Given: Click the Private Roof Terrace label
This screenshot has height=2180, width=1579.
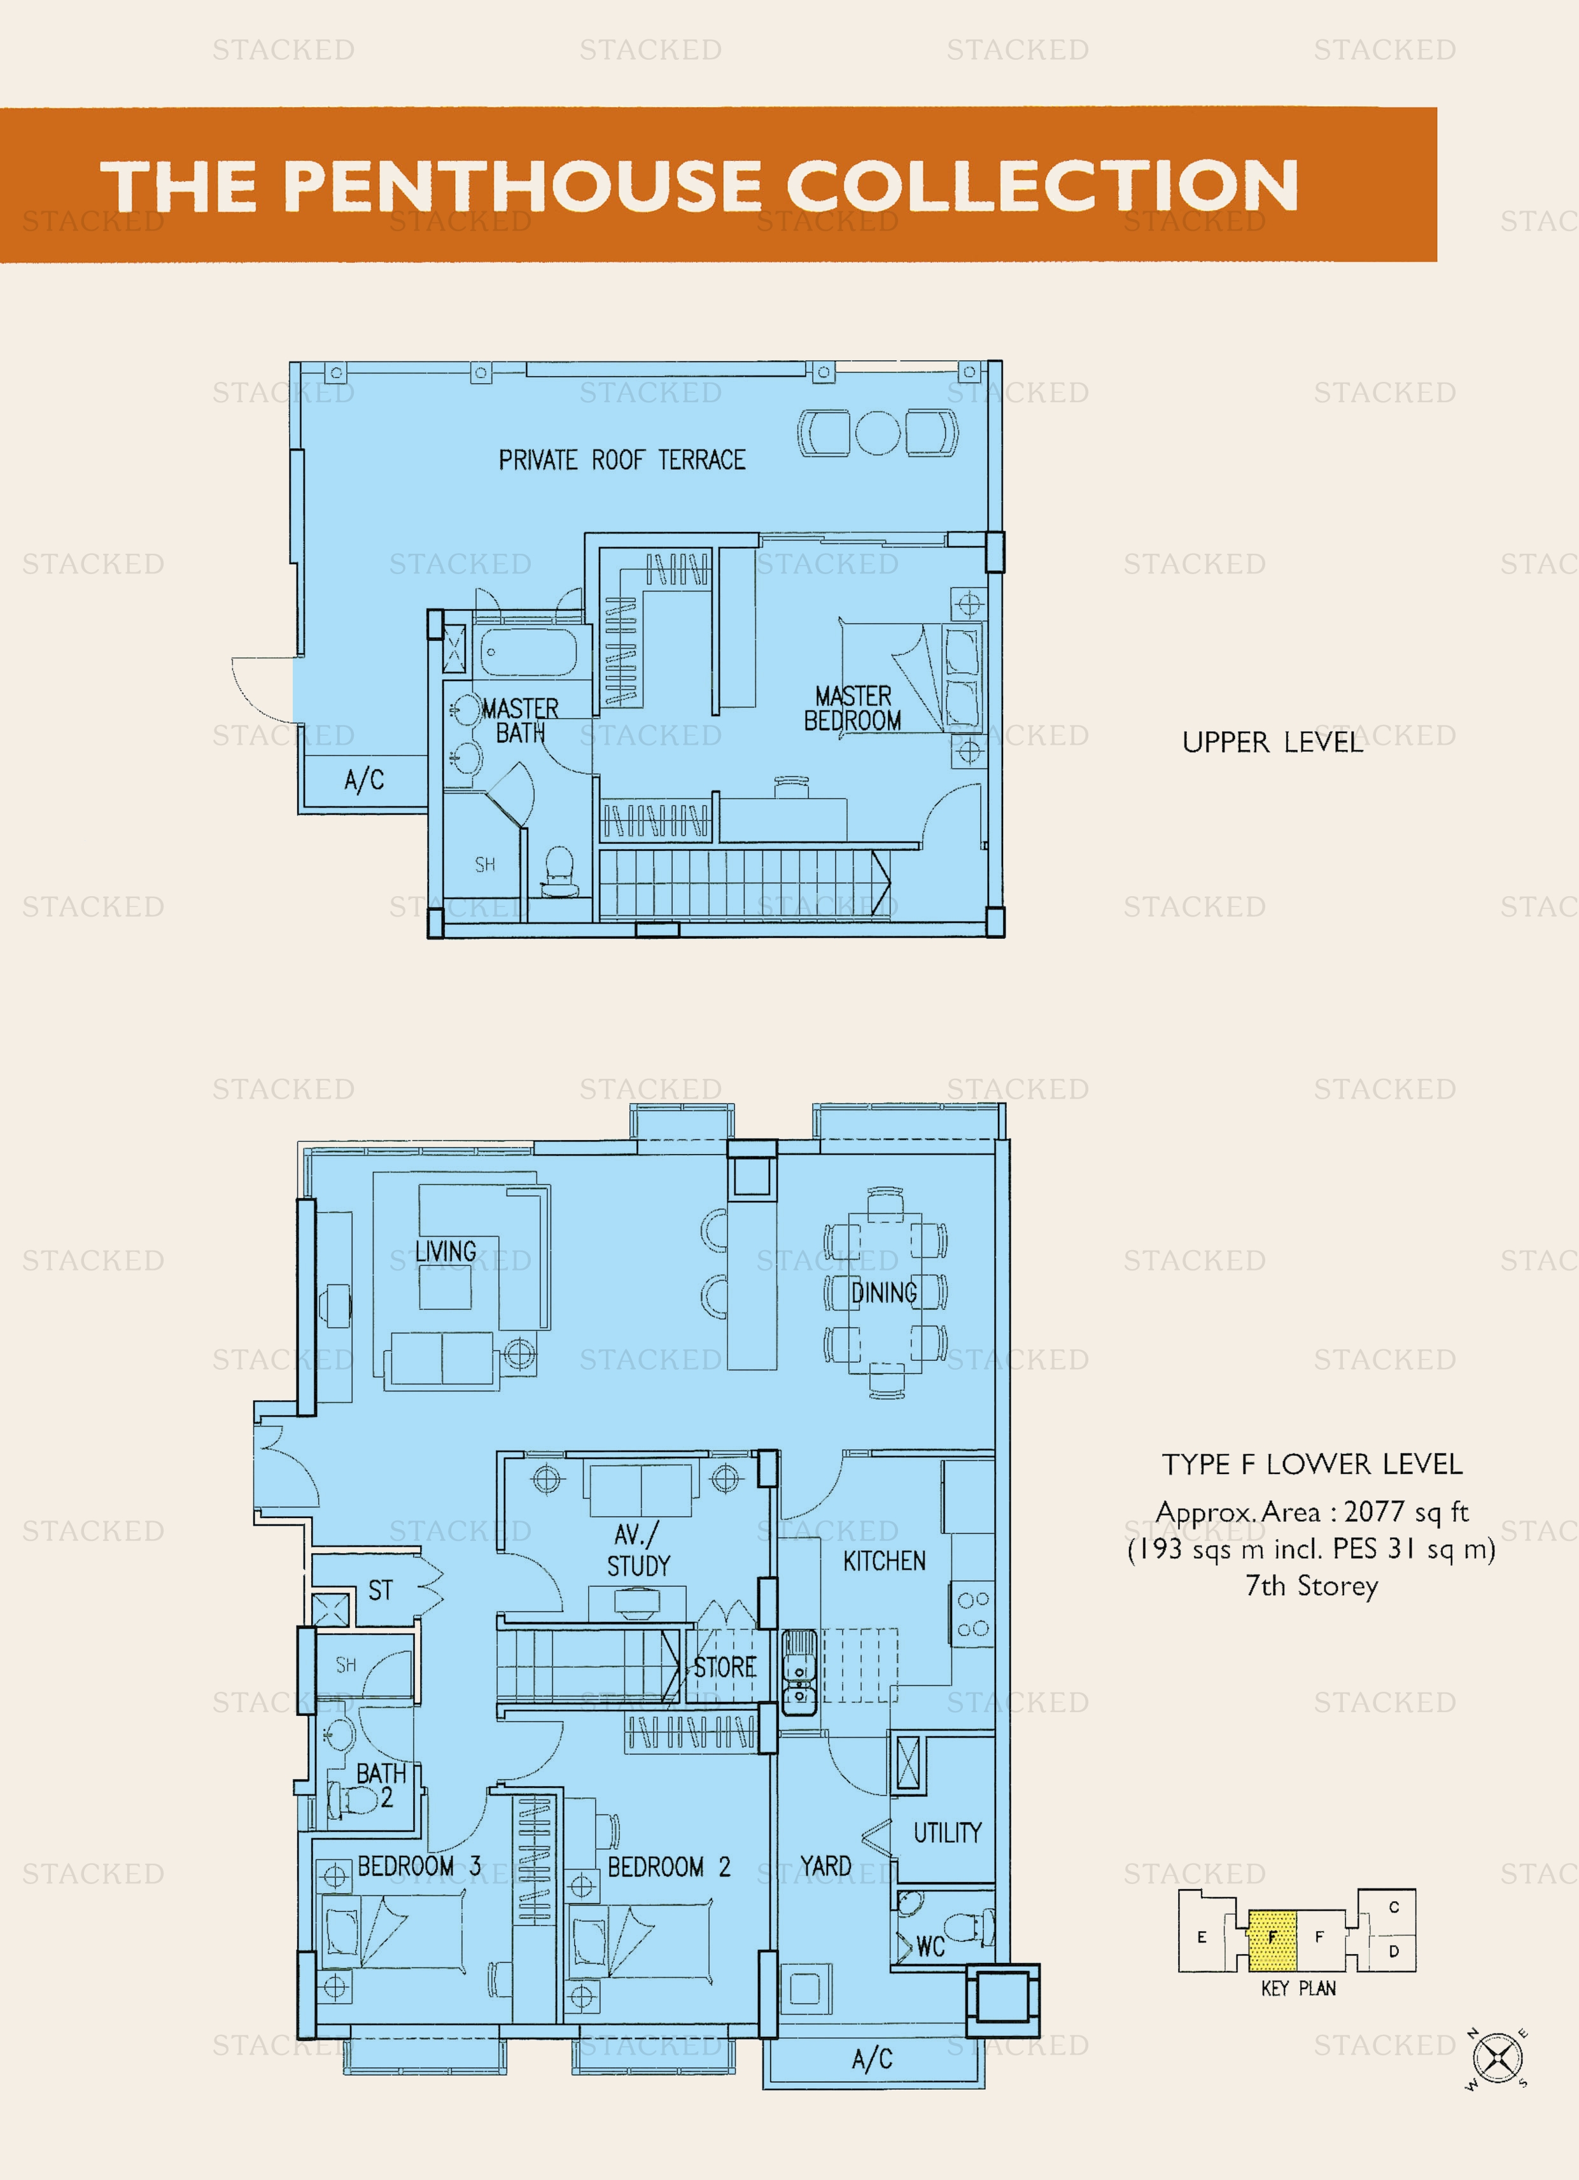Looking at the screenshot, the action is [622, 460].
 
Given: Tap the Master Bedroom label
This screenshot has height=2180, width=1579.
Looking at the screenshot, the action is [852, 708].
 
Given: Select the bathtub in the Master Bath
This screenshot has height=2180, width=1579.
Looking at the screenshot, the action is [528, 654].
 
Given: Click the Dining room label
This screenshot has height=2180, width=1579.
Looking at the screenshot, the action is [884, 1293].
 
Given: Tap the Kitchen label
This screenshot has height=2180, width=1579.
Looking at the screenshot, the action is [884, 1561].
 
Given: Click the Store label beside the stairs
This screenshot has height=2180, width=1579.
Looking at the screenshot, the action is [726, 1667].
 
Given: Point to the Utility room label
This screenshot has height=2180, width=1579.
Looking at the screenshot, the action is [948, 1832].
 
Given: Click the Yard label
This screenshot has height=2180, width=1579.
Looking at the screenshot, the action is [825, 1866].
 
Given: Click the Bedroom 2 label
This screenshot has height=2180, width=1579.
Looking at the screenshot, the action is [669, 1867].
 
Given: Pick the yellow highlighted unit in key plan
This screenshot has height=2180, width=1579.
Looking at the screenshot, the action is [1272, 1939].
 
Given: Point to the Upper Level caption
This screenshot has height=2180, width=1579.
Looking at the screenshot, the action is [1272, 742].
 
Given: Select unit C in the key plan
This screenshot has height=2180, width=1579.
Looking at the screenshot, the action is [1394, 1907].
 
